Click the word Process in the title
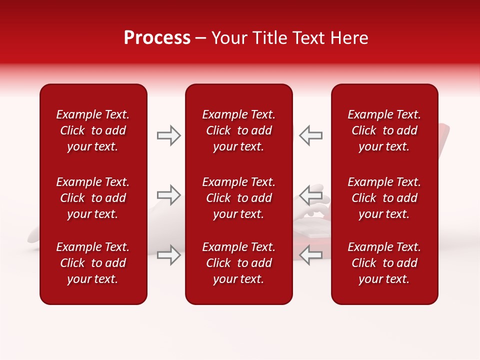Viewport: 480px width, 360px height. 157,38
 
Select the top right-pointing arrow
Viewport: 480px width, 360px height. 168,135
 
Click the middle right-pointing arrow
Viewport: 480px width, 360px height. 168,195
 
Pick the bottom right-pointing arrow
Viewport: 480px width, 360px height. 168,255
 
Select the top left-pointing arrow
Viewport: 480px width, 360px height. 311,135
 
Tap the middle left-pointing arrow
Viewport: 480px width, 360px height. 311,195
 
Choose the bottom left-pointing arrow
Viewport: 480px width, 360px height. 311,255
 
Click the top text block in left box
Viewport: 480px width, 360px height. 93,130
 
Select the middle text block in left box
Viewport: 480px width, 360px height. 93,198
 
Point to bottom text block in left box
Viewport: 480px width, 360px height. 93,263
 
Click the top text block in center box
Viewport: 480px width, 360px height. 238,130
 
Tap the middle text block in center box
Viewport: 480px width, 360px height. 238,198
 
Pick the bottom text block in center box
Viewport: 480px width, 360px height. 238,263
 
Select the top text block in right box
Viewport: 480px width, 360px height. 384,130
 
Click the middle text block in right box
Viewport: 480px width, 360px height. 384,198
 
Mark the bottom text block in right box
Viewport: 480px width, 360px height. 384,263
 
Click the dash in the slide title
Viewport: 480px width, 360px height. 201,38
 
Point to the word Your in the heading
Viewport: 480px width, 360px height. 229,38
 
